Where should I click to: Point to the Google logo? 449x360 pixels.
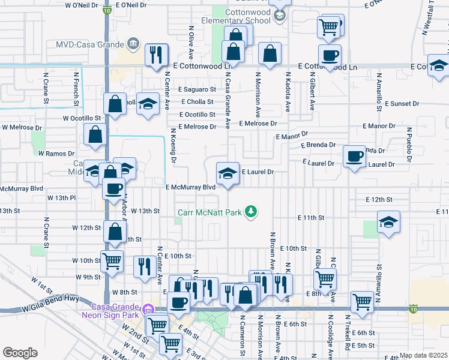20,353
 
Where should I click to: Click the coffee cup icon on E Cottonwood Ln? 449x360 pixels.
330,56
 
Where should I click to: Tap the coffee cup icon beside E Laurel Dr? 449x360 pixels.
354,157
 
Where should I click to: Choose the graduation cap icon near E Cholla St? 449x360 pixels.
148,104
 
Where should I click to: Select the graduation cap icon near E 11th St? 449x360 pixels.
388,223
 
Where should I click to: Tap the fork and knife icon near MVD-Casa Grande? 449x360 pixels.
154,55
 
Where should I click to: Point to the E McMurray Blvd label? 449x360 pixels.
190,187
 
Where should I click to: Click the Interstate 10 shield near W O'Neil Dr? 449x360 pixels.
106,11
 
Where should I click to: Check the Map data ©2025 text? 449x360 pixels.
423,355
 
